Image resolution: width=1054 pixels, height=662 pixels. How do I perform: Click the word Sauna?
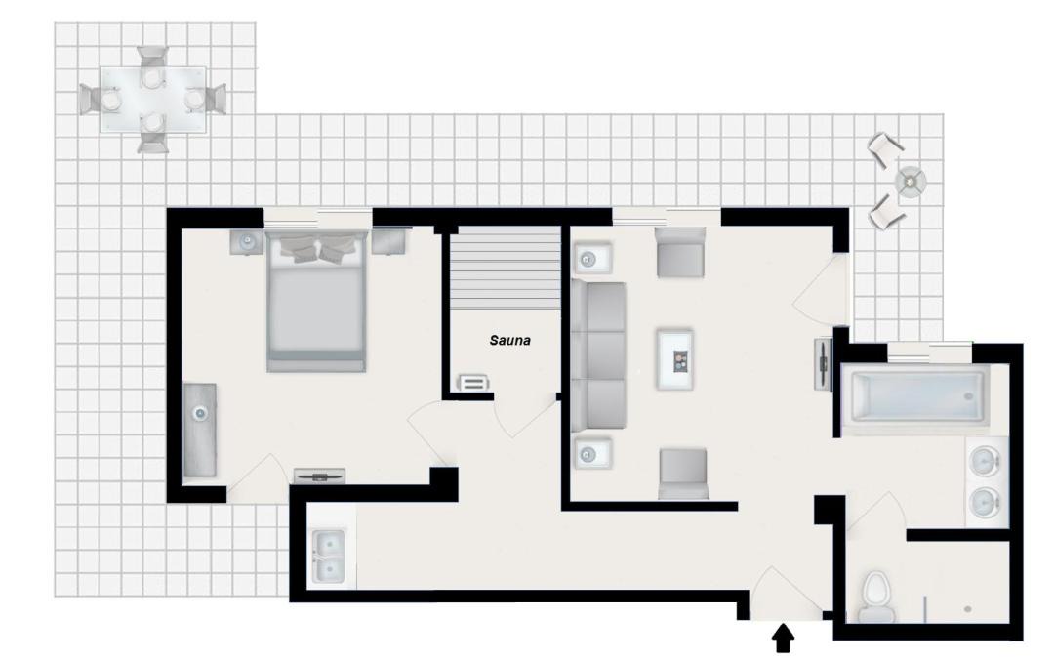coord(509,341)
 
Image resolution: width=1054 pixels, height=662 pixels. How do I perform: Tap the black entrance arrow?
coord(783,638)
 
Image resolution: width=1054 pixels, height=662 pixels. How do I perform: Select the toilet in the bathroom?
coord(876,596)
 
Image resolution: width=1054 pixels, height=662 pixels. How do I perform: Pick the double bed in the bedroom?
coord(316,300)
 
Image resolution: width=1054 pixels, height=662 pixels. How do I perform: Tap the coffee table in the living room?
coord(675,358)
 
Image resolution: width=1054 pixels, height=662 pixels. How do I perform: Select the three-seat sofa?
coord(598,355)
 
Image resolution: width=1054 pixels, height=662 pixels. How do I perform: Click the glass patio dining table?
coord(153,99)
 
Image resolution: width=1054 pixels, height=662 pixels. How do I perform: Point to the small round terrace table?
coord(911,181)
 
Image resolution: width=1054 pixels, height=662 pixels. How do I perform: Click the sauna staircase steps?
coord(505,268)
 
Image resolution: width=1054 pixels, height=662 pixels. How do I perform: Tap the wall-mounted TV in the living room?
coord(824,364)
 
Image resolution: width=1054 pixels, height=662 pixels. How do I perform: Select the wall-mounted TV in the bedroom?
coord(320,476)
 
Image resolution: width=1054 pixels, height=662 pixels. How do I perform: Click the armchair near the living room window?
coord(679,252)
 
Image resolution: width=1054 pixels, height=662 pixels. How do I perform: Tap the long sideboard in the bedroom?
coord(200,431)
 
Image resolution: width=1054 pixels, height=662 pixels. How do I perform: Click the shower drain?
coord(967,609)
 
